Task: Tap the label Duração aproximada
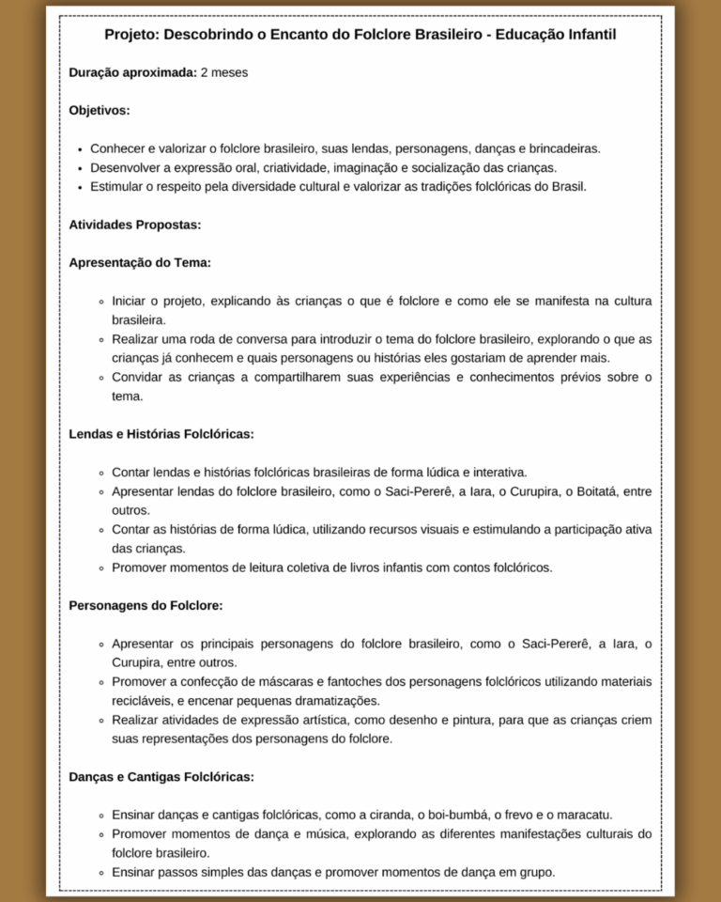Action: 132,72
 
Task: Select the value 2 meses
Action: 224,72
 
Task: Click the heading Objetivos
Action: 99,110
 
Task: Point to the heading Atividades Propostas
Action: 134,225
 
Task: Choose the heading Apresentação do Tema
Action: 140,262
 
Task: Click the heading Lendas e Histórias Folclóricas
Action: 161,434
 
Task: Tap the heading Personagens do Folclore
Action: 146,606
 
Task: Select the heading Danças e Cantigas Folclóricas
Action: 161,777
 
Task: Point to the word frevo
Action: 512,815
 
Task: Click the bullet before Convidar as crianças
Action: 100,378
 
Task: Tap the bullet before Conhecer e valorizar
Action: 81,148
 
